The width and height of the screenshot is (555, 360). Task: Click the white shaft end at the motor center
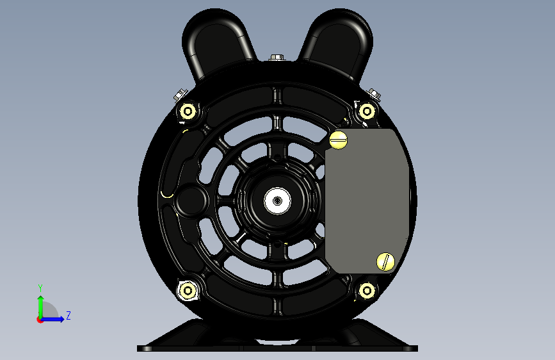(x=278, y=201)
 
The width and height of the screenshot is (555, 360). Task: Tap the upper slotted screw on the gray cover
(x=339, y=140)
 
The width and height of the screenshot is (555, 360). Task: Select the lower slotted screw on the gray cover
(x=385, y=262)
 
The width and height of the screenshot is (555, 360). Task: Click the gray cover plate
(x=366, y=201)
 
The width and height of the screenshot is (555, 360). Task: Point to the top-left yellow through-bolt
(x=188, y=111)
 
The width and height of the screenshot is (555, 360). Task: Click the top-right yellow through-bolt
(x=367, y=111)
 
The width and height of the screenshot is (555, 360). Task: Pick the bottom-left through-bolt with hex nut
(x=188, y=291)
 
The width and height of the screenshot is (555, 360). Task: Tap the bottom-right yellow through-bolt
(x=367, y=291)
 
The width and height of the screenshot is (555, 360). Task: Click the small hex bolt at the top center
(x=277, y=58)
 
